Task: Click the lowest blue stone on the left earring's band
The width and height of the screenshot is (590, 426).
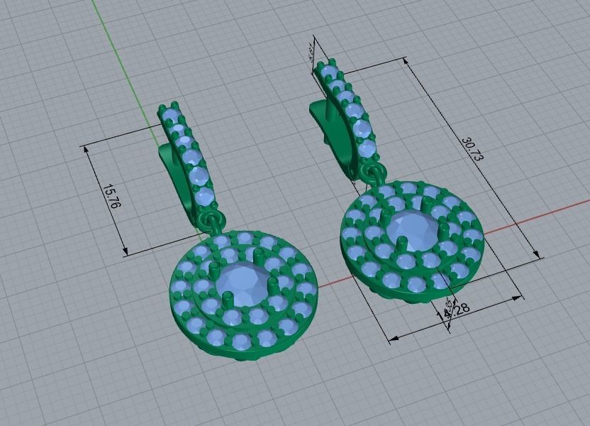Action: click(x=204, y=197)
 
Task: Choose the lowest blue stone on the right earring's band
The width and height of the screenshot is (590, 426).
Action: click(x=367, y=148)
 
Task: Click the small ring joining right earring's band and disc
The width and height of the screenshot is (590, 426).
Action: click(x=373, y=173)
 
